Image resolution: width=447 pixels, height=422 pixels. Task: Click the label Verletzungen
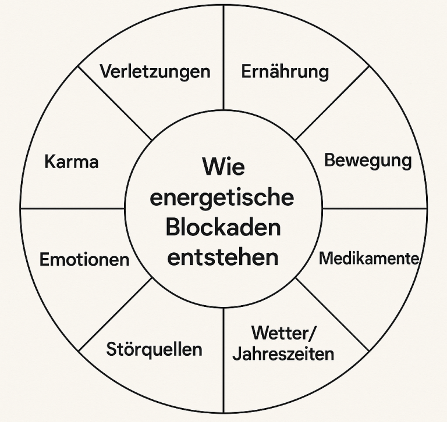pos(154,71)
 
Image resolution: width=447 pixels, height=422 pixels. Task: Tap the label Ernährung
pos(285,72)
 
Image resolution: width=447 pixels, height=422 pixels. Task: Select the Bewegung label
pos(368,160)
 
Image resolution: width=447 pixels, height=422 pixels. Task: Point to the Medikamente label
pos(369,258)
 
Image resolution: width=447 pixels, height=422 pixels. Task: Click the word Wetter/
pos(283,334)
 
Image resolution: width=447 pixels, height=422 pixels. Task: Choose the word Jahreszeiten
pos(283,353)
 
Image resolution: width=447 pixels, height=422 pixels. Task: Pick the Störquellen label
pos(154,349)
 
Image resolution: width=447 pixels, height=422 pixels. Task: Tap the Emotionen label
pos(84,259)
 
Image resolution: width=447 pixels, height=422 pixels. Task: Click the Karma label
pos(72,161)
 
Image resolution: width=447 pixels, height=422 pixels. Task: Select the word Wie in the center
pos(223,167)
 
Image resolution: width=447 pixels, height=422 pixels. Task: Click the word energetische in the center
pos(222,198)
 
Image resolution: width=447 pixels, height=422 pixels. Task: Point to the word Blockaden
pos(223,227)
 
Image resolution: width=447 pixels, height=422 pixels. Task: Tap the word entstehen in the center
pos(223,257)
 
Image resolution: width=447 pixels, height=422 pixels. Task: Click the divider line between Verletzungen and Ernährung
pos(223,58)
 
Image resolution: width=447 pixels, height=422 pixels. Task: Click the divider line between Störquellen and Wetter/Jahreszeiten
pos(223,360)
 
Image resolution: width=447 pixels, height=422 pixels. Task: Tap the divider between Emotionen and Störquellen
pos(115,314)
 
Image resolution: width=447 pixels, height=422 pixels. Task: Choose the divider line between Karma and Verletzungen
pos(115,103)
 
